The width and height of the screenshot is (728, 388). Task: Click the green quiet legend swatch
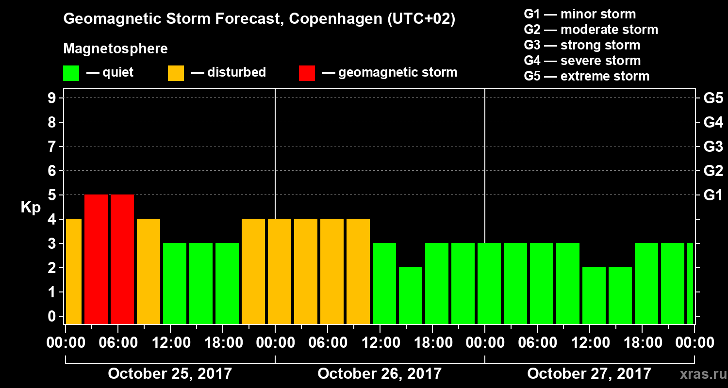point(71,73)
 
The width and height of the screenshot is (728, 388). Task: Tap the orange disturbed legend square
point(176,73)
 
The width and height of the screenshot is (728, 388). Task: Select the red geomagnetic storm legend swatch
point(307,73)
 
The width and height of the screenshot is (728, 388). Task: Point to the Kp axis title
point(31,207)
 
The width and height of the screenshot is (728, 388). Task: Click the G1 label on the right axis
point(713,195)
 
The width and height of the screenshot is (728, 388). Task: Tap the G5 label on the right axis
point(713,98)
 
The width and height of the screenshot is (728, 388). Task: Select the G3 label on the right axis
point(713,147)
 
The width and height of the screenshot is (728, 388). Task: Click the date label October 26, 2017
point(380,374)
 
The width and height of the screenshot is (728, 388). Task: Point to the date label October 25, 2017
point(170,374)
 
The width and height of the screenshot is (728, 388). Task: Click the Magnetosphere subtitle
point(116,49)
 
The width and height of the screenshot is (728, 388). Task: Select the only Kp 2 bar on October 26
point(411,295)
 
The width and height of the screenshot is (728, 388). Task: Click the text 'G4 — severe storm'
point(582,61)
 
